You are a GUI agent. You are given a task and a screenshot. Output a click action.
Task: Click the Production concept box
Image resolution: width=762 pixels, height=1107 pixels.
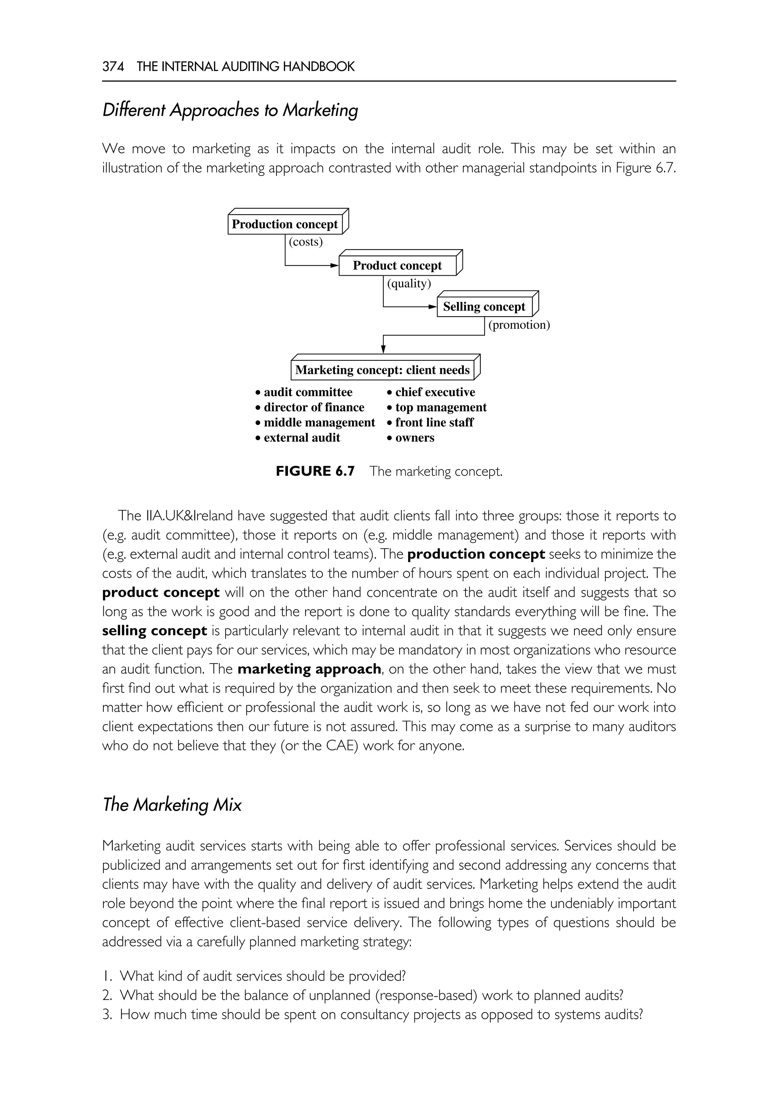tap(285, 224)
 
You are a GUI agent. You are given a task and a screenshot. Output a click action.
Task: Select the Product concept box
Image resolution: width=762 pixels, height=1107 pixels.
tap(397, 266)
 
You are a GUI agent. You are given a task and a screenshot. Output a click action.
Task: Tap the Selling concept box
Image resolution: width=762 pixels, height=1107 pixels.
tap(484, 307)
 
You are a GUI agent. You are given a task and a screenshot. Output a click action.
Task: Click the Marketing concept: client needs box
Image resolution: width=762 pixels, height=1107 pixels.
tap(382, 370)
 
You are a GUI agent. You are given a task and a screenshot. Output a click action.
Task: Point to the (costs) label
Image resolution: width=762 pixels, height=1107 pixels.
tap(305, 242)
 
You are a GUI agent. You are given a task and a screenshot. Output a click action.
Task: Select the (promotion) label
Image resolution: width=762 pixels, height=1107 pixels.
tap(519, 325)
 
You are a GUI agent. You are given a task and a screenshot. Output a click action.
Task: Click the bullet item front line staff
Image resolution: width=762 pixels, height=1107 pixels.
tap(434, 423)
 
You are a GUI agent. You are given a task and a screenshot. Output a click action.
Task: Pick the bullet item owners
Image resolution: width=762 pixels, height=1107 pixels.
tap(414, 438)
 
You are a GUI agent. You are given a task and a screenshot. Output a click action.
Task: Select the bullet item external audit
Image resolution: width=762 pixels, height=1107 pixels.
tap(301, 438)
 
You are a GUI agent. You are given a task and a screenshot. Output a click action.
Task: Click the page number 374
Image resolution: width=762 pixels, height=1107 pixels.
tap(113, 66)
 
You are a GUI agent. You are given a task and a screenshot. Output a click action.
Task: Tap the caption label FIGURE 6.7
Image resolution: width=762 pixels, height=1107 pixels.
tap(315, 472)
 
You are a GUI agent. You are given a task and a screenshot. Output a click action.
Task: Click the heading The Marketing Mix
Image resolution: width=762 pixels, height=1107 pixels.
tap(172, 805)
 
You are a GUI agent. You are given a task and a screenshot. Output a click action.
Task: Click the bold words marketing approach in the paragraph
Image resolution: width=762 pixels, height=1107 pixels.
tap(309, 669)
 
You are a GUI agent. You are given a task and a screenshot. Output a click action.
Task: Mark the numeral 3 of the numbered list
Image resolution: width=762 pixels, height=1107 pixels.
tap(107, 1014)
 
